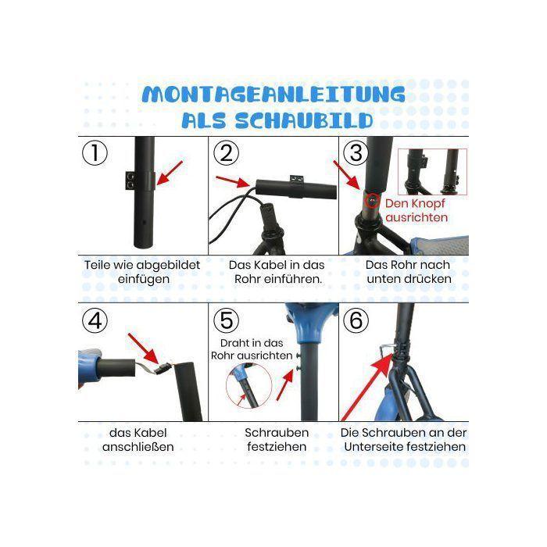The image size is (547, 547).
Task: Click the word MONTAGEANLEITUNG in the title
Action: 273,94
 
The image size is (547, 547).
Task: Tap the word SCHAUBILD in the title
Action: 304,120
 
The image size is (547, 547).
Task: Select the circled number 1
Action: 95,152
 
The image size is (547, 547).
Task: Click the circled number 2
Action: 226,152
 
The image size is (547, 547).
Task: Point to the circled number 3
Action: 356,152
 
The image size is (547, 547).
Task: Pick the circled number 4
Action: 95,320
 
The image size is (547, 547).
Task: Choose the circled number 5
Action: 226,320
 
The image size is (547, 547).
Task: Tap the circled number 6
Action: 356,320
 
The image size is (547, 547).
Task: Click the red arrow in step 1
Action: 170,173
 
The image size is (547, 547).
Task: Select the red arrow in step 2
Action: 233,181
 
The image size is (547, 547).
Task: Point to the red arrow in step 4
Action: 143,349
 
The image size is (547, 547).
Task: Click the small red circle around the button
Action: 372,200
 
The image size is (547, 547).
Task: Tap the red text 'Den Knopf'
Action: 415,203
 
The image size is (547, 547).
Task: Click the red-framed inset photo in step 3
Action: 432,172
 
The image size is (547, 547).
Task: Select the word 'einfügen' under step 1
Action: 143,279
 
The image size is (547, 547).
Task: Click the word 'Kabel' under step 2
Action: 273,265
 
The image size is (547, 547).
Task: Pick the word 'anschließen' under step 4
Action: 138,447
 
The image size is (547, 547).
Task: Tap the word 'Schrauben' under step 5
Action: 277,433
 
